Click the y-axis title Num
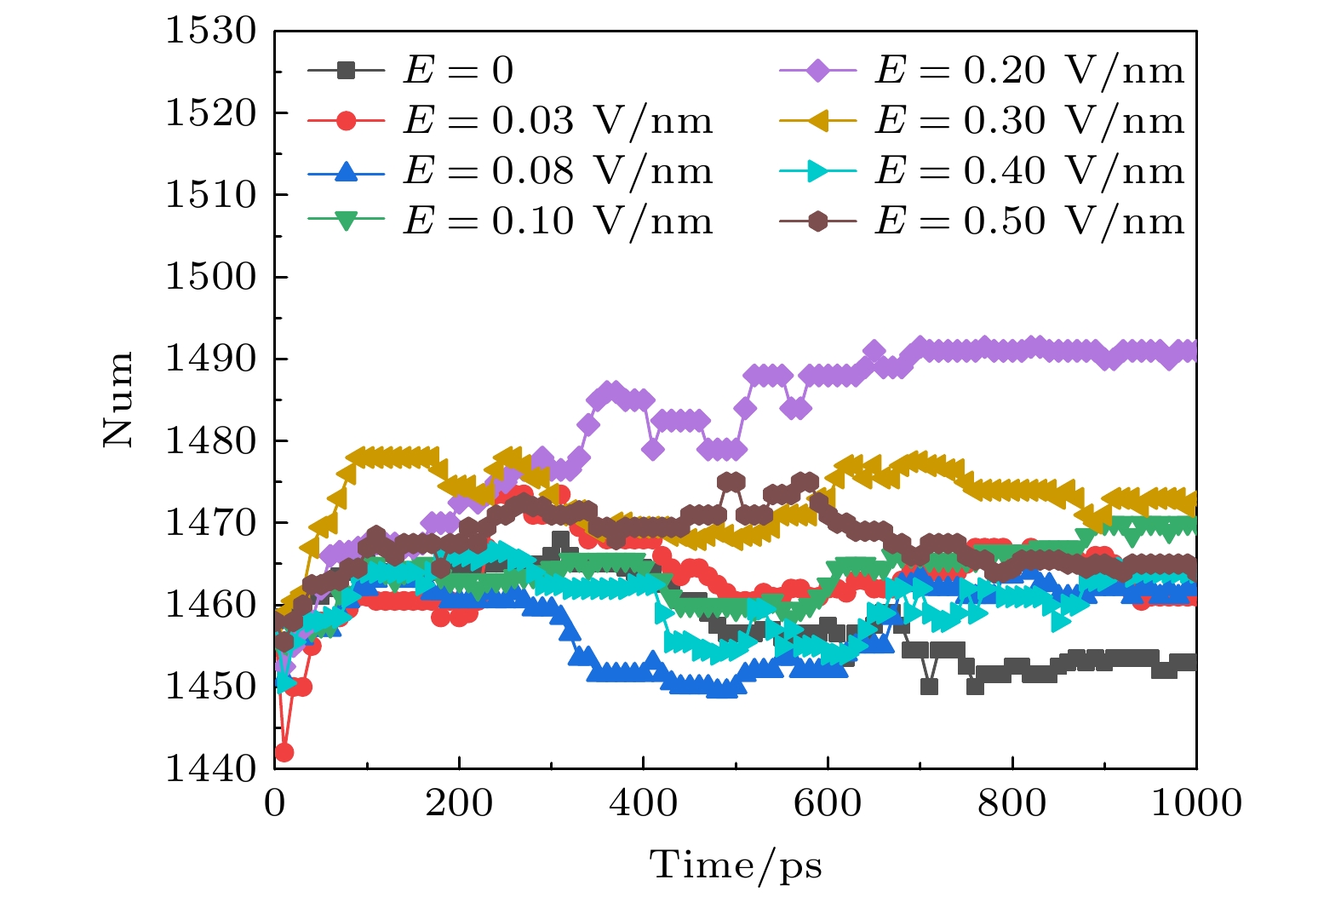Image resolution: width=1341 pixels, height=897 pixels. click(x=118, y=399)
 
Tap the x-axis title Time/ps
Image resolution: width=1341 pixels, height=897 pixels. click(x=736, y=865)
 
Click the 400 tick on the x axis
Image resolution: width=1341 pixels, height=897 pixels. click(x=644, y=802)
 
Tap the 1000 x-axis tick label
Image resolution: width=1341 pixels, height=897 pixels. click(x=1196, y=802)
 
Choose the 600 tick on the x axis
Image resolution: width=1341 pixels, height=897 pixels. click(x=828, y=802)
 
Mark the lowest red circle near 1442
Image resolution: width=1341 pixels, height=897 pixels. click(x=284, y=752)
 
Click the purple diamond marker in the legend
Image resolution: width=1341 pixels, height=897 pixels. click(x=817, y=71)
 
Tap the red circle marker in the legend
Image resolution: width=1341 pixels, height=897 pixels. click(x=346, y=121)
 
